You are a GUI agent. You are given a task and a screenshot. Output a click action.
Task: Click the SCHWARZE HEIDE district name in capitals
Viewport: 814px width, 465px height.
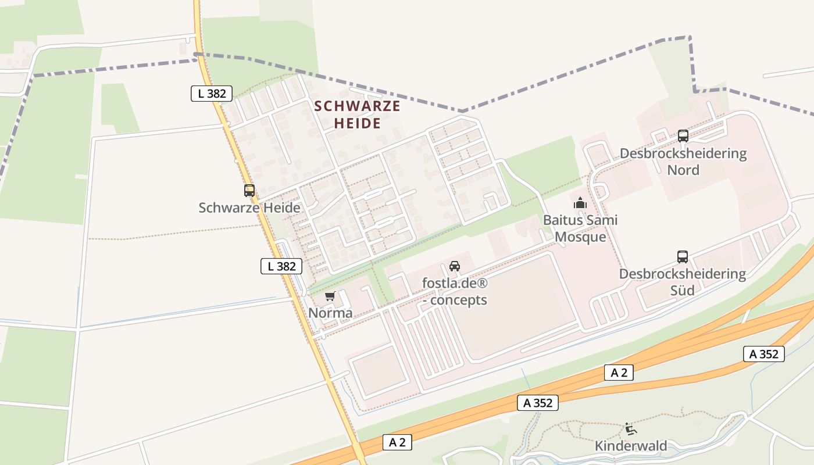click(x=357, y=115)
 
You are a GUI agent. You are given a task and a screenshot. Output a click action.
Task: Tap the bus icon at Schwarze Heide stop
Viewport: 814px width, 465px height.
click(x=249, y=190)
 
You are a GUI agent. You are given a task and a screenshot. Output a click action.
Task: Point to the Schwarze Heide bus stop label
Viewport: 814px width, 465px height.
click(x=249, y=208)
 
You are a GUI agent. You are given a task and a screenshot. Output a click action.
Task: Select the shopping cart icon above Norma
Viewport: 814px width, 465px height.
click(x=330, y=296)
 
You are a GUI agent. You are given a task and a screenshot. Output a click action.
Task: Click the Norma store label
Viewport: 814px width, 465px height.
click(x=330, y=313)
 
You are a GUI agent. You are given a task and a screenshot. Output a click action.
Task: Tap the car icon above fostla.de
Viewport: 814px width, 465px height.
click(x=455, y=266)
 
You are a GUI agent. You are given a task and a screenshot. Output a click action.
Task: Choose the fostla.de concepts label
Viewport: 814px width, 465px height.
click(x=455, y=292)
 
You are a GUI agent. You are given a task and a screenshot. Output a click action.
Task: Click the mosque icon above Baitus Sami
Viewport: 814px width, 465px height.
click(x=580, y=203)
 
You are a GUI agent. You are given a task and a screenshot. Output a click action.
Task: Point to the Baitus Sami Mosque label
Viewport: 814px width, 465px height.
click(x=580, y=228)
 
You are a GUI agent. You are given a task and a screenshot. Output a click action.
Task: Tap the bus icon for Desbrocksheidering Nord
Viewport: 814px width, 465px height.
click(x=683, y=136)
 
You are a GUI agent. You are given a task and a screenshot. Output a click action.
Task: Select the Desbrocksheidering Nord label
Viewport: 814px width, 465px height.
click(x=683, y=162)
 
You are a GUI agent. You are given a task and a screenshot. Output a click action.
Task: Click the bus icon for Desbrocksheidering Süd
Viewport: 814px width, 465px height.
click(x=683, y=256)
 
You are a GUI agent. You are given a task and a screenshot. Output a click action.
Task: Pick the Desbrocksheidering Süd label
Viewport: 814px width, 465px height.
click(x=683, y=281)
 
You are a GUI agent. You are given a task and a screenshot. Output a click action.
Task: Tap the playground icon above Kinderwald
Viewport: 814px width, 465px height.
click(x=630, y=430)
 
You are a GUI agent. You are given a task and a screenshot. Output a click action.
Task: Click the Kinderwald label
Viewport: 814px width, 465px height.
click(x=630, y=446)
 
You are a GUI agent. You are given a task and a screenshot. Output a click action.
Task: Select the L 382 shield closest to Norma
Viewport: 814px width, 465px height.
click(x=281, y=266)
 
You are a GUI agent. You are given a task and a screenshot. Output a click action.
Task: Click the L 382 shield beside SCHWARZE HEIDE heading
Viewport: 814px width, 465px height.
click(x=212, y=93)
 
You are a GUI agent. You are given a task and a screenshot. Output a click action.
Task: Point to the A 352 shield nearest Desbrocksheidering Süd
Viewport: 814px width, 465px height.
click(x=763, y=353)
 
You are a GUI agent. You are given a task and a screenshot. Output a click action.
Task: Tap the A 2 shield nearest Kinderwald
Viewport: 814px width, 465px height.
click(x=619, y=373)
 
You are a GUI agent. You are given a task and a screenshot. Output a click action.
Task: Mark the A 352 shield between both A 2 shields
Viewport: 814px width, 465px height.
click(x=538, y=403)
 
